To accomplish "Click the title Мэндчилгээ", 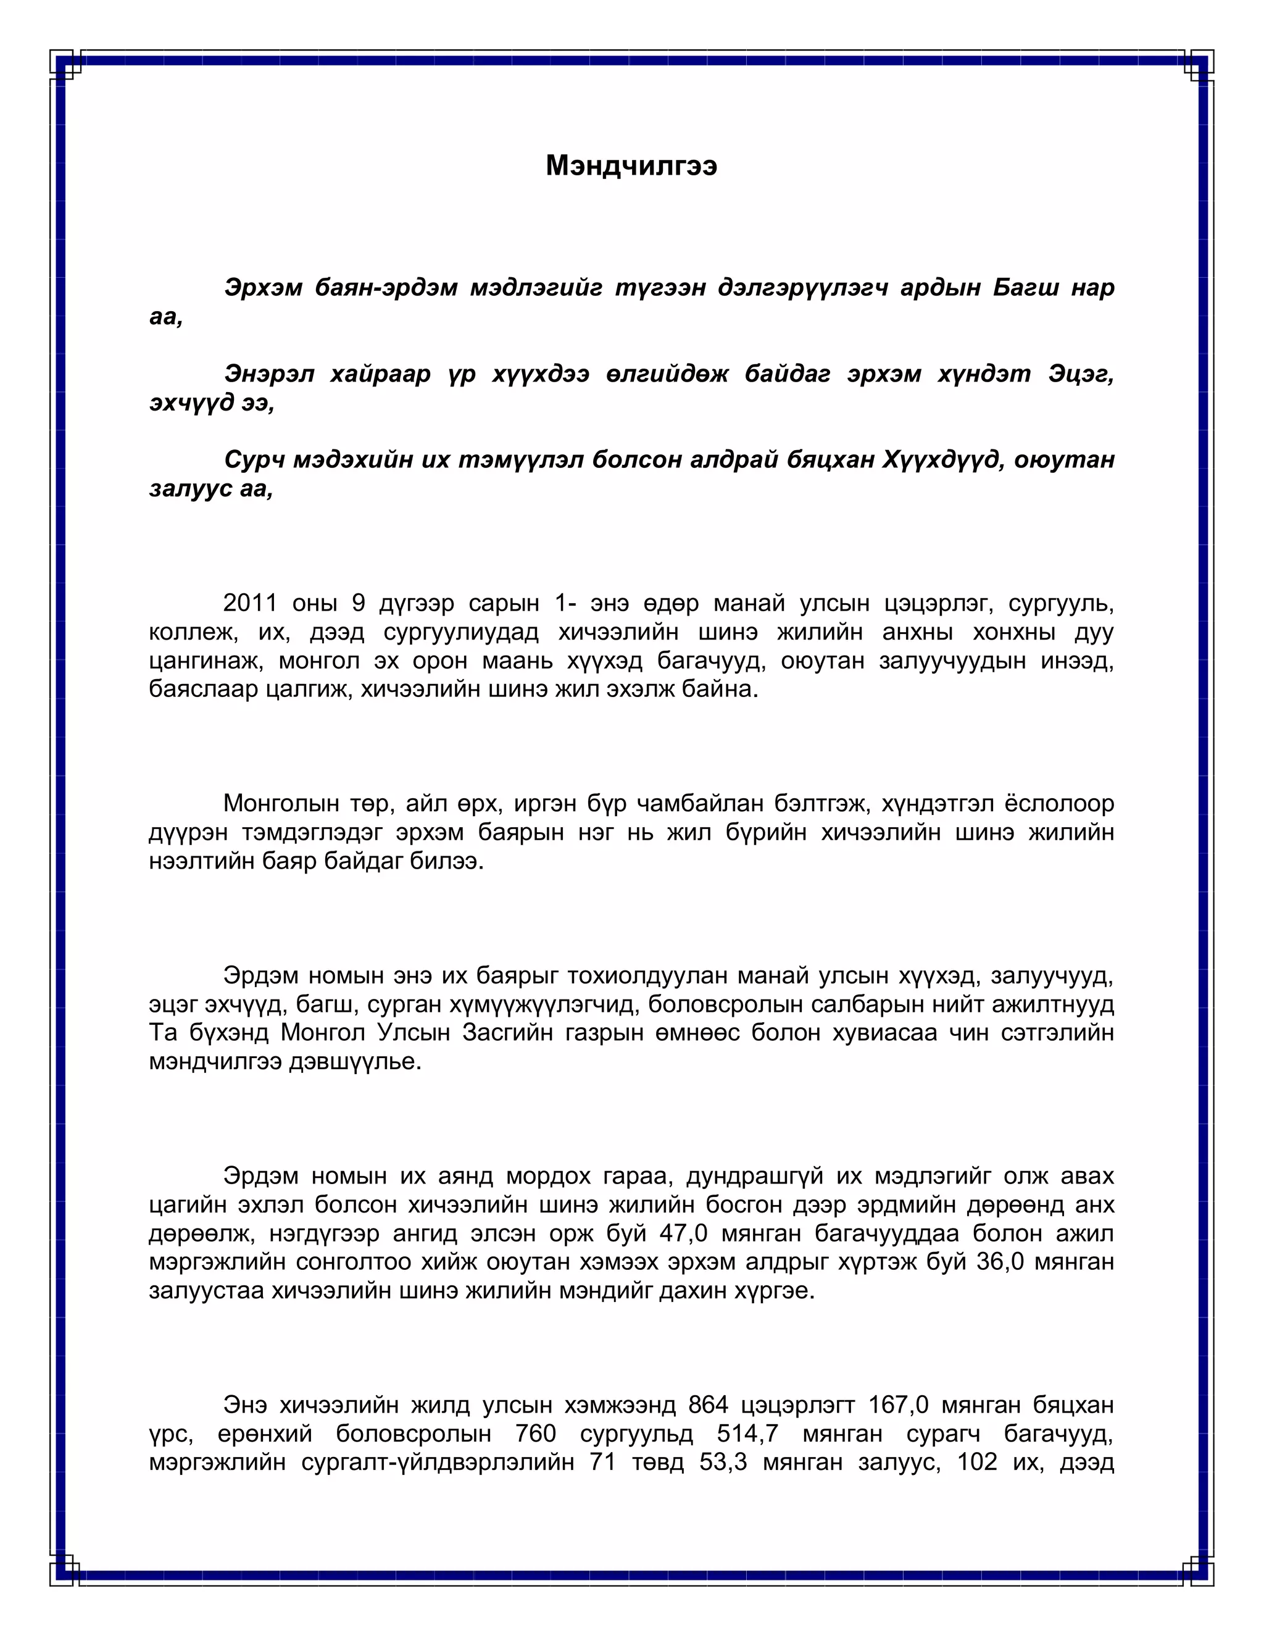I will pos(631,165).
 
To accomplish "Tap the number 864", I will pos(708,1404).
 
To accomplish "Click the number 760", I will pos(535,1434).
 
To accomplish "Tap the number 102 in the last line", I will pos(977,1462).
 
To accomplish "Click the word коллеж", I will pos(193,632).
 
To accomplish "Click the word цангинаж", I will pos(205,661).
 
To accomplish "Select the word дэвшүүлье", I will pos(355,1061).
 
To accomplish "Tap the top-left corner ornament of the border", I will pos(66,66).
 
